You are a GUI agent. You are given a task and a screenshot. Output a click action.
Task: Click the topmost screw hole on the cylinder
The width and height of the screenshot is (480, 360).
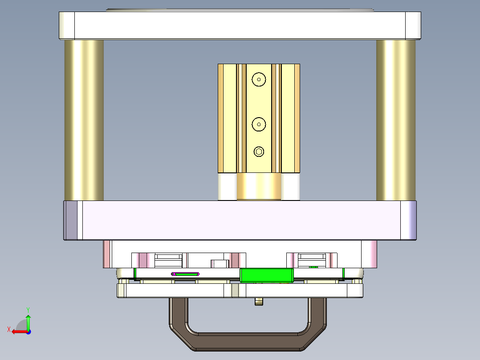coord(259,80)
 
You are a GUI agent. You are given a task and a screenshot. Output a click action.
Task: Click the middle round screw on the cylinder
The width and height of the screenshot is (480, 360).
coord(259,124)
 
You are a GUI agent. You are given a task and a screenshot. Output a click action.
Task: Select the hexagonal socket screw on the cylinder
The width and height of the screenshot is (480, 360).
coord(259,152)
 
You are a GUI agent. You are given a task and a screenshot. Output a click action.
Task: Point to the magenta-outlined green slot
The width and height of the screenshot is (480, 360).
coord(185,274)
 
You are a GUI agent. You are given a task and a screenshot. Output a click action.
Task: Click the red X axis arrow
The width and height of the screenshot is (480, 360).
coord(18,331)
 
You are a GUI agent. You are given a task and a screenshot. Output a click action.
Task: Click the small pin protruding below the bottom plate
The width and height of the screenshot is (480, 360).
coord(259,302)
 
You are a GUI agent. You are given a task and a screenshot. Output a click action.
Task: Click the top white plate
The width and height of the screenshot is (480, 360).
coord(240,26)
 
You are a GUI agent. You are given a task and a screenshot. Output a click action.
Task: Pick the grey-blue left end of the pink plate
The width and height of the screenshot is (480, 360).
coord(70,221)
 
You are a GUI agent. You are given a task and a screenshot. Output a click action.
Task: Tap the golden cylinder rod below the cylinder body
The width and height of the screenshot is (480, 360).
coord(259,186)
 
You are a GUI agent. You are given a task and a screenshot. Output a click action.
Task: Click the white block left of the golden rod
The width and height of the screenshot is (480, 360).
coord(227,186)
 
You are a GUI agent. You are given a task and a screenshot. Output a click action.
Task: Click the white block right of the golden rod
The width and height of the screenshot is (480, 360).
coord(290,186)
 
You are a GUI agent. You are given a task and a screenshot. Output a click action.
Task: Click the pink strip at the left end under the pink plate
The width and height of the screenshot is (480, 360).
coord(106,254)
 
